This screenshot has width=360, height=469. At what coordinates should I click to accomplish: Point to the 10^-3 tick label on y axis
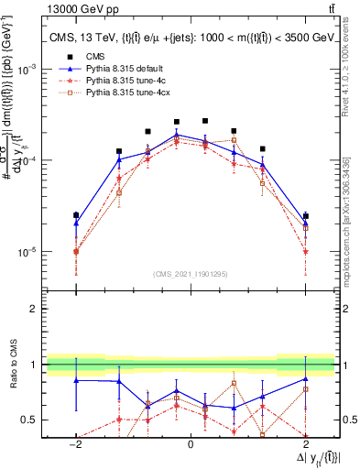click(27, 70)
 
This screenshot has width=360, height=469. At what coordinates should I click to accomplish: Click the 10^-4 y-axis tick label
click(27, 160)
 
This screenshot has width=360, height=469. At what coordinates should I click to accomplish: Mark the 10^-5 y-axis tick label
click(27, 252)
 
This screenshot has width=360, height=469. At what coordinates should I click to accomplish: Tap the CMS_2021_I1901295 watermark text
click(191, 274)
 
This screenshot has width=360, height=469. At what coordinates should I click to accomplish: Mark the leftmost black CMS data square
click(76, 215)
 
